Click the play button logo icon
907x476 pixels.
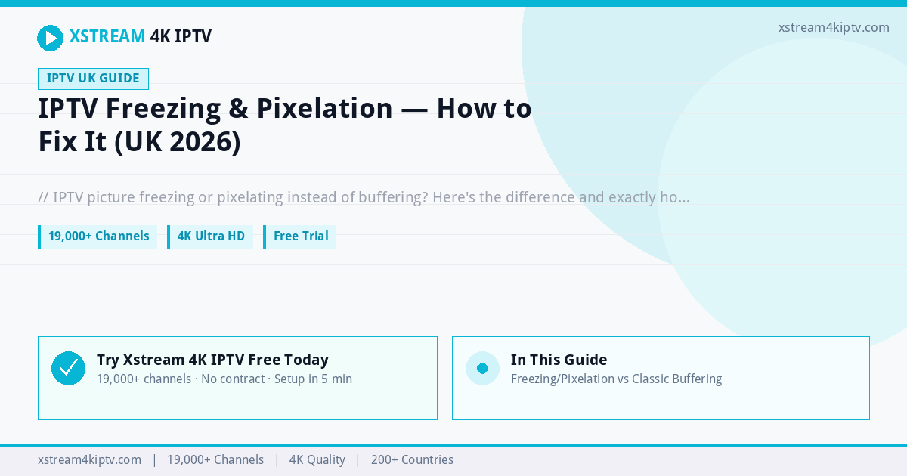click(50, 38)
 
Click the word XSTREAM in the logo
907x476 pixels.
click(107, 36)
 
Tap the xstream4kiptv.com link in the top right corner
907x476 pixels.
click(834, 27)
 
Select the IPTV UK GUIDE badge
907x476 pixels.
click(93, 79)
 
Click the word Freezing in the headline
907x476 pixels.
click(163, 109)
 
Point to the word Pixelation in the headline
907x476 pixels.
click(324, 109)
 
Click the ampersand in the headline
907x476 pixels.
click(239, 109)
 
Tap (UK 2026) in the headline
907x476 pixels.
click(178, 142)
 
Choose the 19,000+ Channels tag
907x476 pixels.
click(98, 236)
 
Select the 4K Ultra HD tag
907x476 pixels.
click(210, 236)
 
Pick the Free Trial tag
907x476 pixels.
click(299, 236)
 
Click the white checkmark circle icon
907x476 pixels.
click(69, 369)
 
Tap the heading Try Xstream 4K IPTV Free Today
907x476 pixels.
click(212, 360)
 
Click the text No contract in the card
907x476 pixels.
click(233, 379)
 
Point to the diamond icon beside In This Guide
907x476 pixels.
click(482, 369)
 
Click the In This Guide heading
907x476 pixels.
click(559, 360)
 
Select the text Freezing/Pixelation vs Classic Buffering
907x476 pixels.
click(616, 379)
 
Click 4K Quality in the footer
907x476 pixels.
click(317, 460)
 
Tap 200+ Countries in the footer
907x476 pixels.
click(412, 460)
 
